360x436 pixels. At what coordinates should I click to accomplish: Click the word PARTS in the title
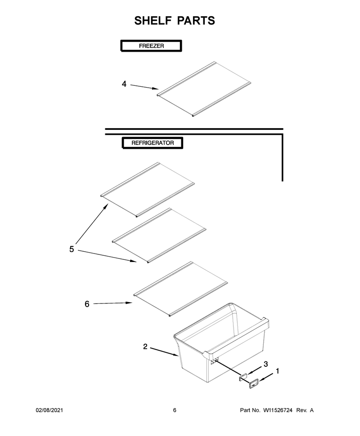196,21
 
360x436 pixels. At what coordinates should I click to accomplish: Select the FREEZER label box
151,46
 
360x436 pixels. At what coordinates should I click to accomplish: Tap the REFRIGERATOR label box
153,143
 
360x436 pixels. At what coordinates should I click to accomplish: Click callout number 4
124,84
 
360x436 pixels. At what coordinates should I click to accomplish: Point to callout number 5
72,249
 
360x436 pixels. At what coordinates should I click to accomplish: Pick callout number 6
87,304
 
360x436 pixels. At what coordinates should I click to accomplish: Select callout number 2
145,347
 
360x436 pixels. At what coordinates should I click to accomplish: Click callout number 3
265,364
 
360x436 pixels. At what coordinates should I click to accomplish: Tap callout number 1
277,371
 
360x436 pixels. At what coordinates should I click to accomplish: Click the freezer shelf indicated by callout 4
204,89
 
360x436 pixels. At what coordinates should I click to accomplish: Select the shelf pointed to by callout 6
180,289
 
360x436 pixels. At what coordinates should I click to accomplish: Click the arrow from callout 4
144,87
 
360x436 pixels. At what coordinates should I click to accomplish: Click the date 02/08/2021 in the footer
49,410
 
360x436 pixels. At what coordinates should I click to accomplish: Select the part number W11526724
278,410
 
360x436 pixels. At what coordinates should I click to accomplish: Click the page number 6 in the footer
175,410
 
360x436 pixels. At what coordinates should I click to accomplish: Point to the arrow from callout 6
113,303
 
